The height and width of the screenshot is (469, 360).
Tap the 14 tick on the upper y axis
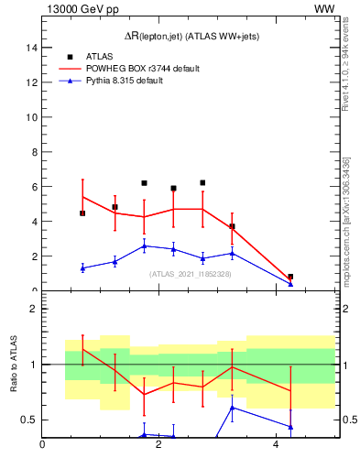click(31, 48)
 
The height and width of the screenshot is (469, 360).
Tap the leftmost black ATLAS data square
click(82, 213)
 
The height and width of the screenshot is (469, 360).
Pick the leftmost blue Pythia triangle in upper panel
click(82, 267)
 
